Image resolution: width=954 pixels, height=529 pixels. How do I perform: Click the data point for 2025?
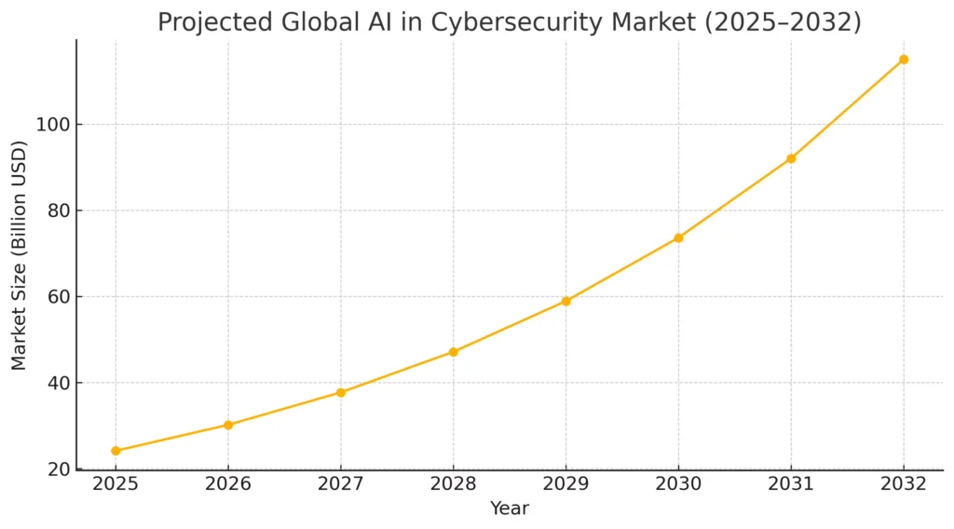(x=116, y=451)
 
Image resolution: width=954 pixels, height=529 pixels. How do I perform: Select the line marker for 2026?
(x=228, y=425)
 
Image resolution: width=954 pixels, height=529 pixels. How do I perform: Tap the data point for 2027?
(x=341, y=392)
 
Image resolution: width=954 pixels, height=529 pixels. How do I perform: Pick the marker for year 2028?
(x=454, y=352)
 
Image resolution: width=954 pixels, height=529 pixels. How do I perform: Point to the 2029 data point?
(x=566, y=301)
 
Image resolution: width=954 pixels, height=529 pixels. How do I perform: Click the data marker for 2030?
(x=678, y=237)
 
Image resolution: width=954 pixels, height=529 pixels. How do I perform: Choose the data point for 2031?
(x=791, y=158)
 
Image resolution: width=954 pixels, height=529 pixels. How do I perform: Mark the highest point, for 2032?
(x=904, y=60)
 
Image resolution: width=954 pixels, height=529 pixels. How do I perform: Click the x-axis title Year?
(x=510, y=509)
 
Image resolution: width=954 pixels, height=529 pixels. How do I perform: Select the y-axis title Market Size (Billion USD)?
(x=20, y=254)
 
